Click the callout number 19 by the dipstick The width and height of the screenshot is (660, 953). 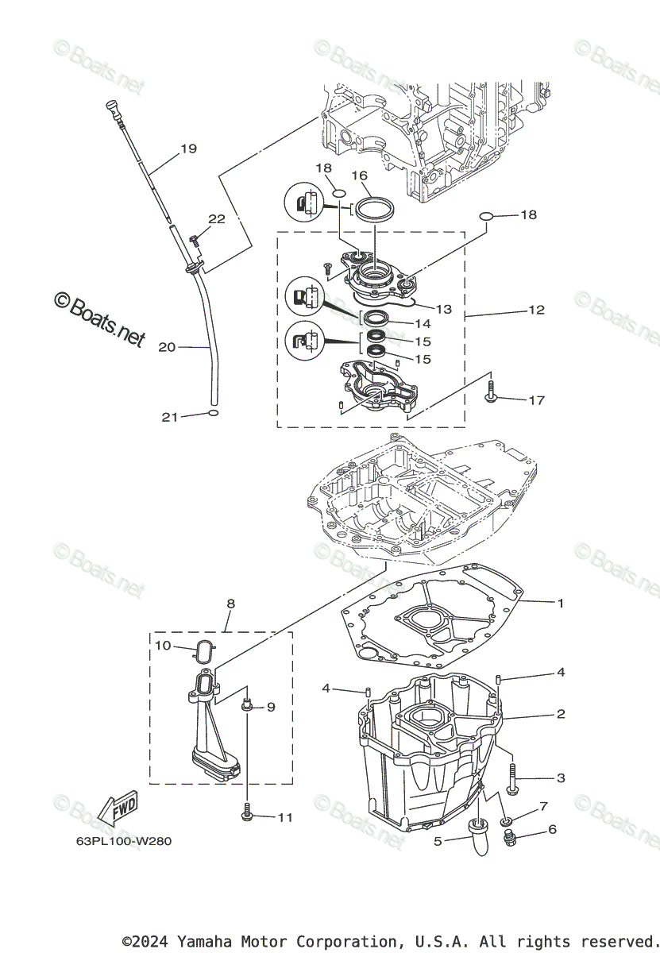(x=188, y=149)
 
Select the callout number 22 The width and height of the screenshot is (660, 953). (x=217, y=219)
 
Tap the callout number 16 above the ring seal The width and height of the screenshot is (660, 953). (x=359, y=175)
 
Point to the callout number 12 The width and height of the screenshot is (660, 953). (x=536, y=310)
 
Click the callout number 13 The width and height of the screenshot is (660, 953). (x=443, y=309)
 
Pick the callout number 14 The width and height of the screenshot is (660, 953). (x=422, y=323)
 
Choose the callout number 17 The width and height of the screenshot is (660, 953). (x=536, y=400)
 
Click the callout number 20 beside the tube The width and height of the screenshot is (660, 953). (x=167, y=347)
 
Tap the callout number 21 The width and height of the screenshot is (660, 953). (x=170, y=417)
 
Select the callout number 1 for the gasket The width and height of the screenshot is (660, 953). (x=560, y=604)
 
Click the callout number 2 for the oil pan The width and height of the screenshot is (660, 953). (x=560, y=715)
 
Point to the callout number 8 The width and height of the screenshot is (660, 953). (x=230, y=604)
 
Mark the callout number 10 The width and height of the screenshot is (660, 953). (x=163, y=646)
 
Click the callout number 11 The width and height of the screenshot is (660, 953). (x=284, y=817)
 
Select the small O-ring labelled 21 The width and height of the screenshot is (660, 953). (x=212, y=414)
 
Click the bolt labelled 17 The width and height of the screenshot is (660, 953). (x=492, y=392)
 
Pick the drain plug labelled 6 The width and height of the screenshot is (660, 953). (x=512, y=835)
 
